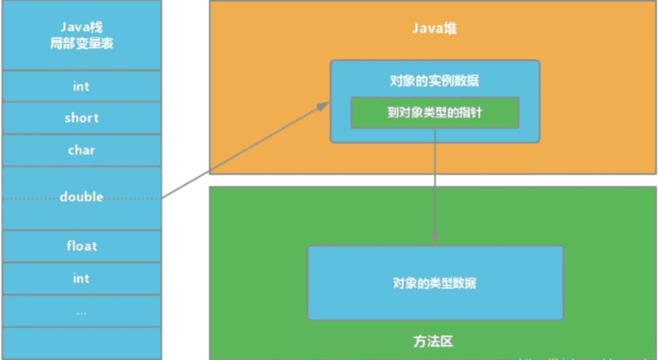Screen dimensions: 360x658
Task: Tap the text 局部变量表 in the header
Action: (x=81, y=44)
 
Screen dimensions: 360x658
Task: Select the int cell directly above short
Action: (x=81, y=86)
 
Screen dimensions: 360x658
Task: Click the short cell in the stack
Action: (x=81, y=118)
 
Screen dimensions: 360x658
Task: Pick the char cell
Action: (x=81, y=150)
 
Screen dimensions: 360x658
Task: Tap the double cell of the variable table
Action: (x=81, y=197)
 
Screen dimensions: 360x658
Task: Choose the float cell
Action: (x=81, y=246)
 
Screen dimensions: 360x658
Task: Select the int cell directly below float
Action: (x=81, y=278)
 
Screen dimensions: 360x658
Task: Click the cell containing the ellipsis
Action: (x=81, y=311)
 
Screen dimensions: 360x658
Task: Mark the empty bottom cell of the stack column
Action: (x=81, y=342)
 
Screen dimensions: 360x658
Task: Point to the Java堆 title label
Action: (x=433, y=29)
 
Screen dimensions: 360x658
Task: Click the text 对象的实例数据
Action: (x=435, y=80)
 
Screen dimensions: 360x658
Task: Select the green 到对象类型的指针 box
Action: (x=435, y=112)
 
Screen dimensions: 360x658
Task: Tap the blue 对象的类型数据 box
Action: (x=435, y=282)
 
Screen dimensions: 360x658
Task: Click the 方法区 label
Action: (x=433, y=342)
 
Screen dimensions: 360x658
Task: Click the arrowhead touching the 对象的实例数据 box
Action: (x=323, y=106)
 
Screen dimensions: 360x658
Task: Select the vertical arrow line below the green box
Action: (x=435, y=183)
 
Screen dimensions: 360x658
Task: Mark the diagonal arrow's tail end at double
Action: (x=163, y=197)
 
